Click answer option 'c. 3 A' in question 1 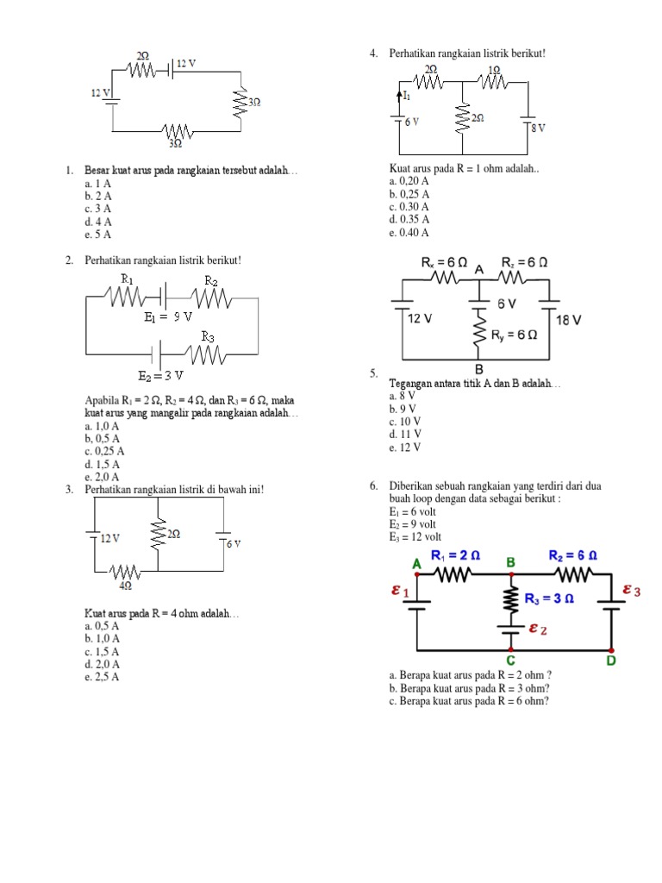pos(98,209)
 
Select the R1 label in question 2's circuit pos(128,279)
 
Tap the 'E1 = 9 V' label pos(168,317)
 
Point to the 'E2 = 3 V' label pos(161,376)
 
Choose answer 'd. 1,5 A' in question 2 pos(102,464)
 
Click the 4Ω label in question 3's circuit pos(126,586)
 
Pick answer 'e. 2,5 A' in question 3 pos(102,677)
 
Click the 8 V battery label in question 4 pos(538,128)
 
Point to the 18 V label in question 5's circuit pos(569,320)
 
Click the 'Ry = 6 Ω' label pos(514,335)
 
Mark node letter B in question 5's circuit pos(479,367)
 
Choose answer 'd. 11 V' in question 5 pos(405,435)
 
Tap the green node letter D pos(611,661)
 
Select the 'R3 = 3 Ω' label pos(551,597)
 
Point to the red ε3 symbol pos(632,591)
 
